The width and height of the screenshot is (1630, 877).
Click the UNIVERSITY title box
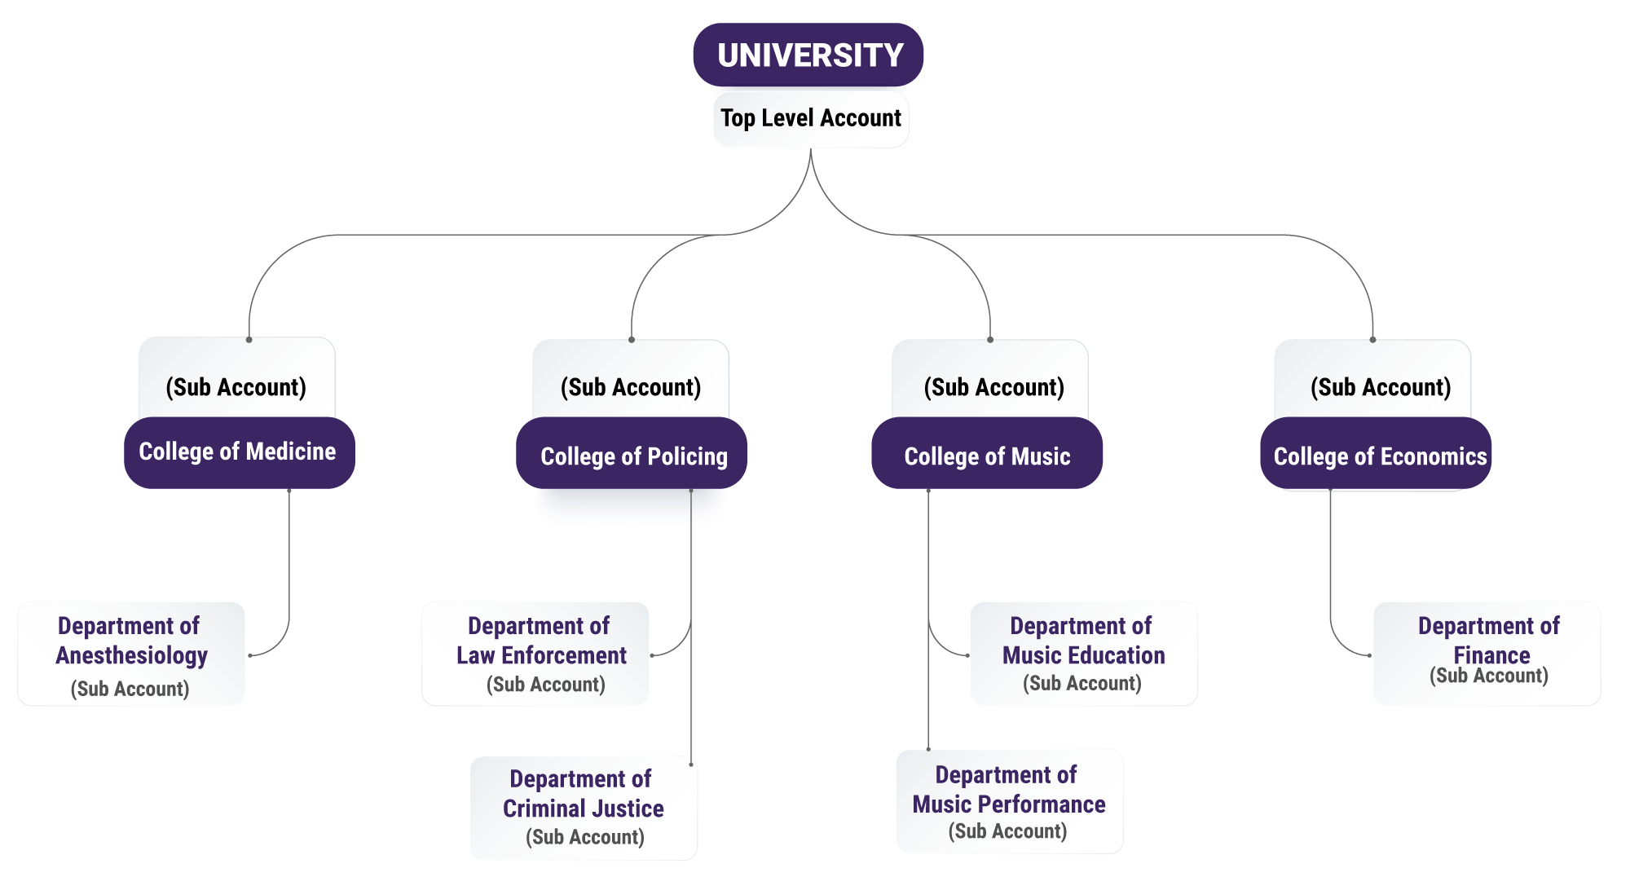click(x=808, y=55)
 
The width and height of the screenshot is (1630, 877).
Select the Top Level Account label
click(x=810, y=118)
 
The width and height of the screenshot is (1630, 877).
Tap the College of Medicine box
click(x=238, y=452)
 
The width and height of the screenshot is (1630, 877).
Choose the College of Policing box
click(x=632, y=456)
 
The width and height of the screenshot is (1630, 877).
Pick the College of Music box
click(x=987, y=456)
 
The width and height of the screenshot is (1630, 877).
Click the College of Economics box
click(x=1378, y=456)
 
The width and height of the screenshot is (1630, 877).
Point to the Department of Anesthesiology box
click(x=131, y=653)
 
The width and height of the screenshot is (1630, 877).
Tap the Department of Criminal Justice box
click(x=584, y=807)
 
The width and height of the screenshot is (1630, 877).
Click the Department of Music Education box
click(x=1083, y=653)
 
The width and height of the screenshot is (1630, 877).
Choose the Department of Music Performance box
click(x=1009, y=801)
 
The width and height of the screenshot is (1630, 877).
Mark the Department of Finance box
click(x=1487, y=653)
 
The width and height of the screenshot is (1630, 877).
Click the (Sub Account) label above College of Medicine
click(x=236, y=387)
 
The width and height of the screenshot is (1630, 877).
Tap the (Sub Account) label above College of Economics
click(x=1381, y=387)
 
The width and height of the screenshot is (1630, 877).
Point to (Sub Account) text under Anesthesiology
click(x=130, y=689)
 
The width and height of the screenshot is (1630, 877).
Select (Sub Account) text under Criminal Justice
click(x=585, y=837)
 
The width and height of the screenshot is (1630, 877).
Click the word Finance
click(x=1491, y=655)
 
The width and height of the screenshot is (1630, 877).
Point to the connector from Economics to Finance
click(x=1331, y=571)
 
